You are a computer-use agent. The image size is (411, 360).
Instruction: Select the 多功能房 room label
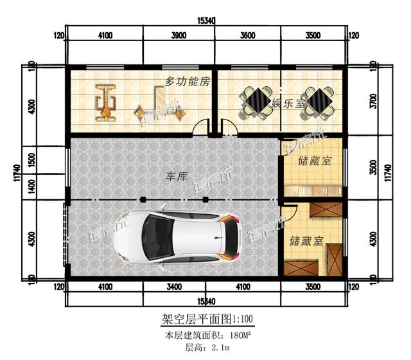[188, 82]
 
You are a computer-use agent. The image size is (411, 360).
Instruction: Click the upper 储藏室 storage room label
[315, 161]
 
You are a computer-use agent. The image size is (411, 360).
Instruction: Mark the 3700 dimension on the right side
[372, 102]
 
